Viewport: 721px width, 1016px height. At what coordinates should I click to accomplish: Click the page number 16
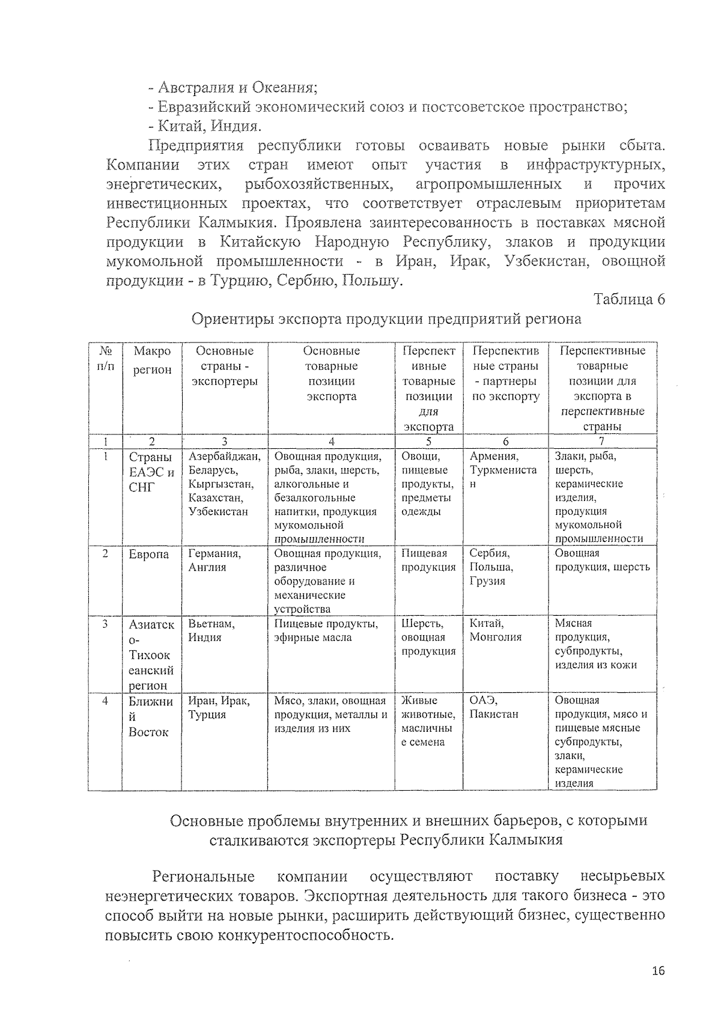pyautogui.click(x=658, y=972)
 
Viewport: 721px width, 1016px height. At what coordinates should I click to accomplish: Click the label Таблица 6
pyautogui.click(x=629, y=299)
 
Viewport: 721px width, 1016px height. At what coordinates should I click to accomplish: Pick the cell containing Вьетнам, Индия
pyautogui.click(x=211, y=631)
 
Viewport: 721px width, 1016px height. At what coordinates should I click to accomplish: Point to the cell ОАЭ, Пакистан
pyautogui.click(x=493, y=708)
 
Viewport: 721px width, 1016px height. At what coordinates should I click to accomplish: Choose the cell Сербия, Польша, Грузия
pyautogui.click(x=491, y=567)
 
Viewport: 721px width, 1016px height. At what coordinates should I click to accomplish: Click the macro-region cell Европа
pyautogui.click(x=148, y=555)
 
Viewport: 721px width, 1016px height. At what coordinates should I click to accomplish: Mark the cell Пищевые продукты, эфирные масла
pyautogui.click(x=326, y=631)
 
